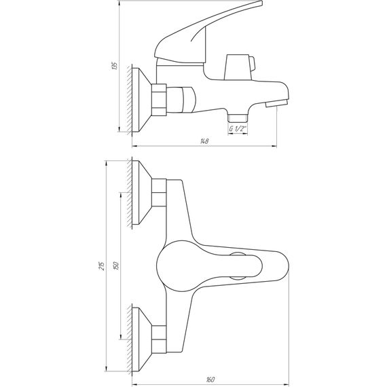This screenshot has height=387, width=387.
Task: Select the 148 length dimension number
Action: click(x=204, y=141)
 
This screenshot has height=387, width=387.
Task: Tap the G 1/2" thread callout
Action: click(x=237, y=128)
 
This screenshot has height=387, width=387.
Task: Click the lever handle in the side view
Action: click(x=204, y=34)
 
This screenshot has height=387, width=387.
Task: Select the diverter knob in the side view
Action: click(x=238, y=65)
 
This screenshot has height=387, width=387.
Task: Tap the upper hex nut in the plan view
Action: click(x=159, y=193)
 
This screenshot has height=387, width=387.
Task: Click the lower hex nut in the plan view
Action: click(x=159, y=337)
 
